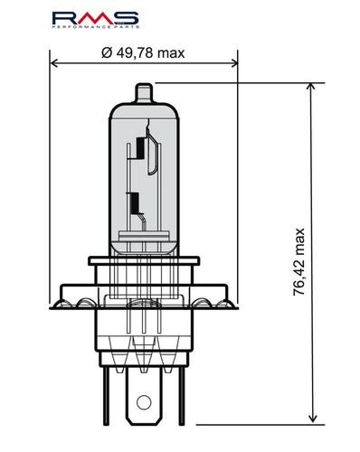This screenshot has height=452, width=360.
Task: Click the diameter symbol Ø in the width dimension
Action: click(107, 53)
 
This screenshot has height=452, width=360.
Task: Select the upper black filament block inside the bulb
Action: click(140, 146)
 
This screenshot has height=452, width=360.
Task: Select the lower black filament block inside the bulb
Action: click(134, 202)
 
